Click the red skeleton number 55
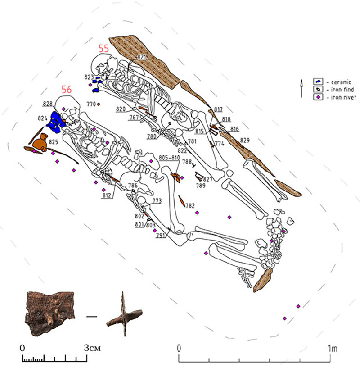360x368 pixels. click(x=104, y=48)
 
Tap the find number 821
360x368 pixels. click(x=143, y=57)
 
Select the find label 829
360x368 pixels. click(x=244, y=141)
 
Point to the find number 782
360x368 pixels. click(x=190, y=205)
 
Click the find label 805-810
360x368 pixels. click(x=169, y=157)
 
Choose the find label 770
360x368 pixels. click(x=91, y=104)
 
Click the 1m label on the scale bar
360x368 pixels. click(x=332, y=348)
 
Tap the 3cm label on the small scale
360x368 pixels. click(x=93, y=348)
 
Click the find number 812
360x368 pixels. click(x=107, y=195)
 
